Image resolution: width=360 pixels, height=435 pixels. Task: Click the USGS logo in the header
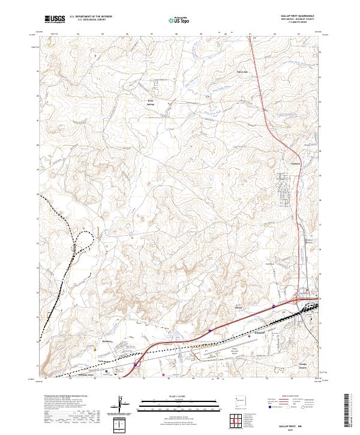[55, 19]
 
